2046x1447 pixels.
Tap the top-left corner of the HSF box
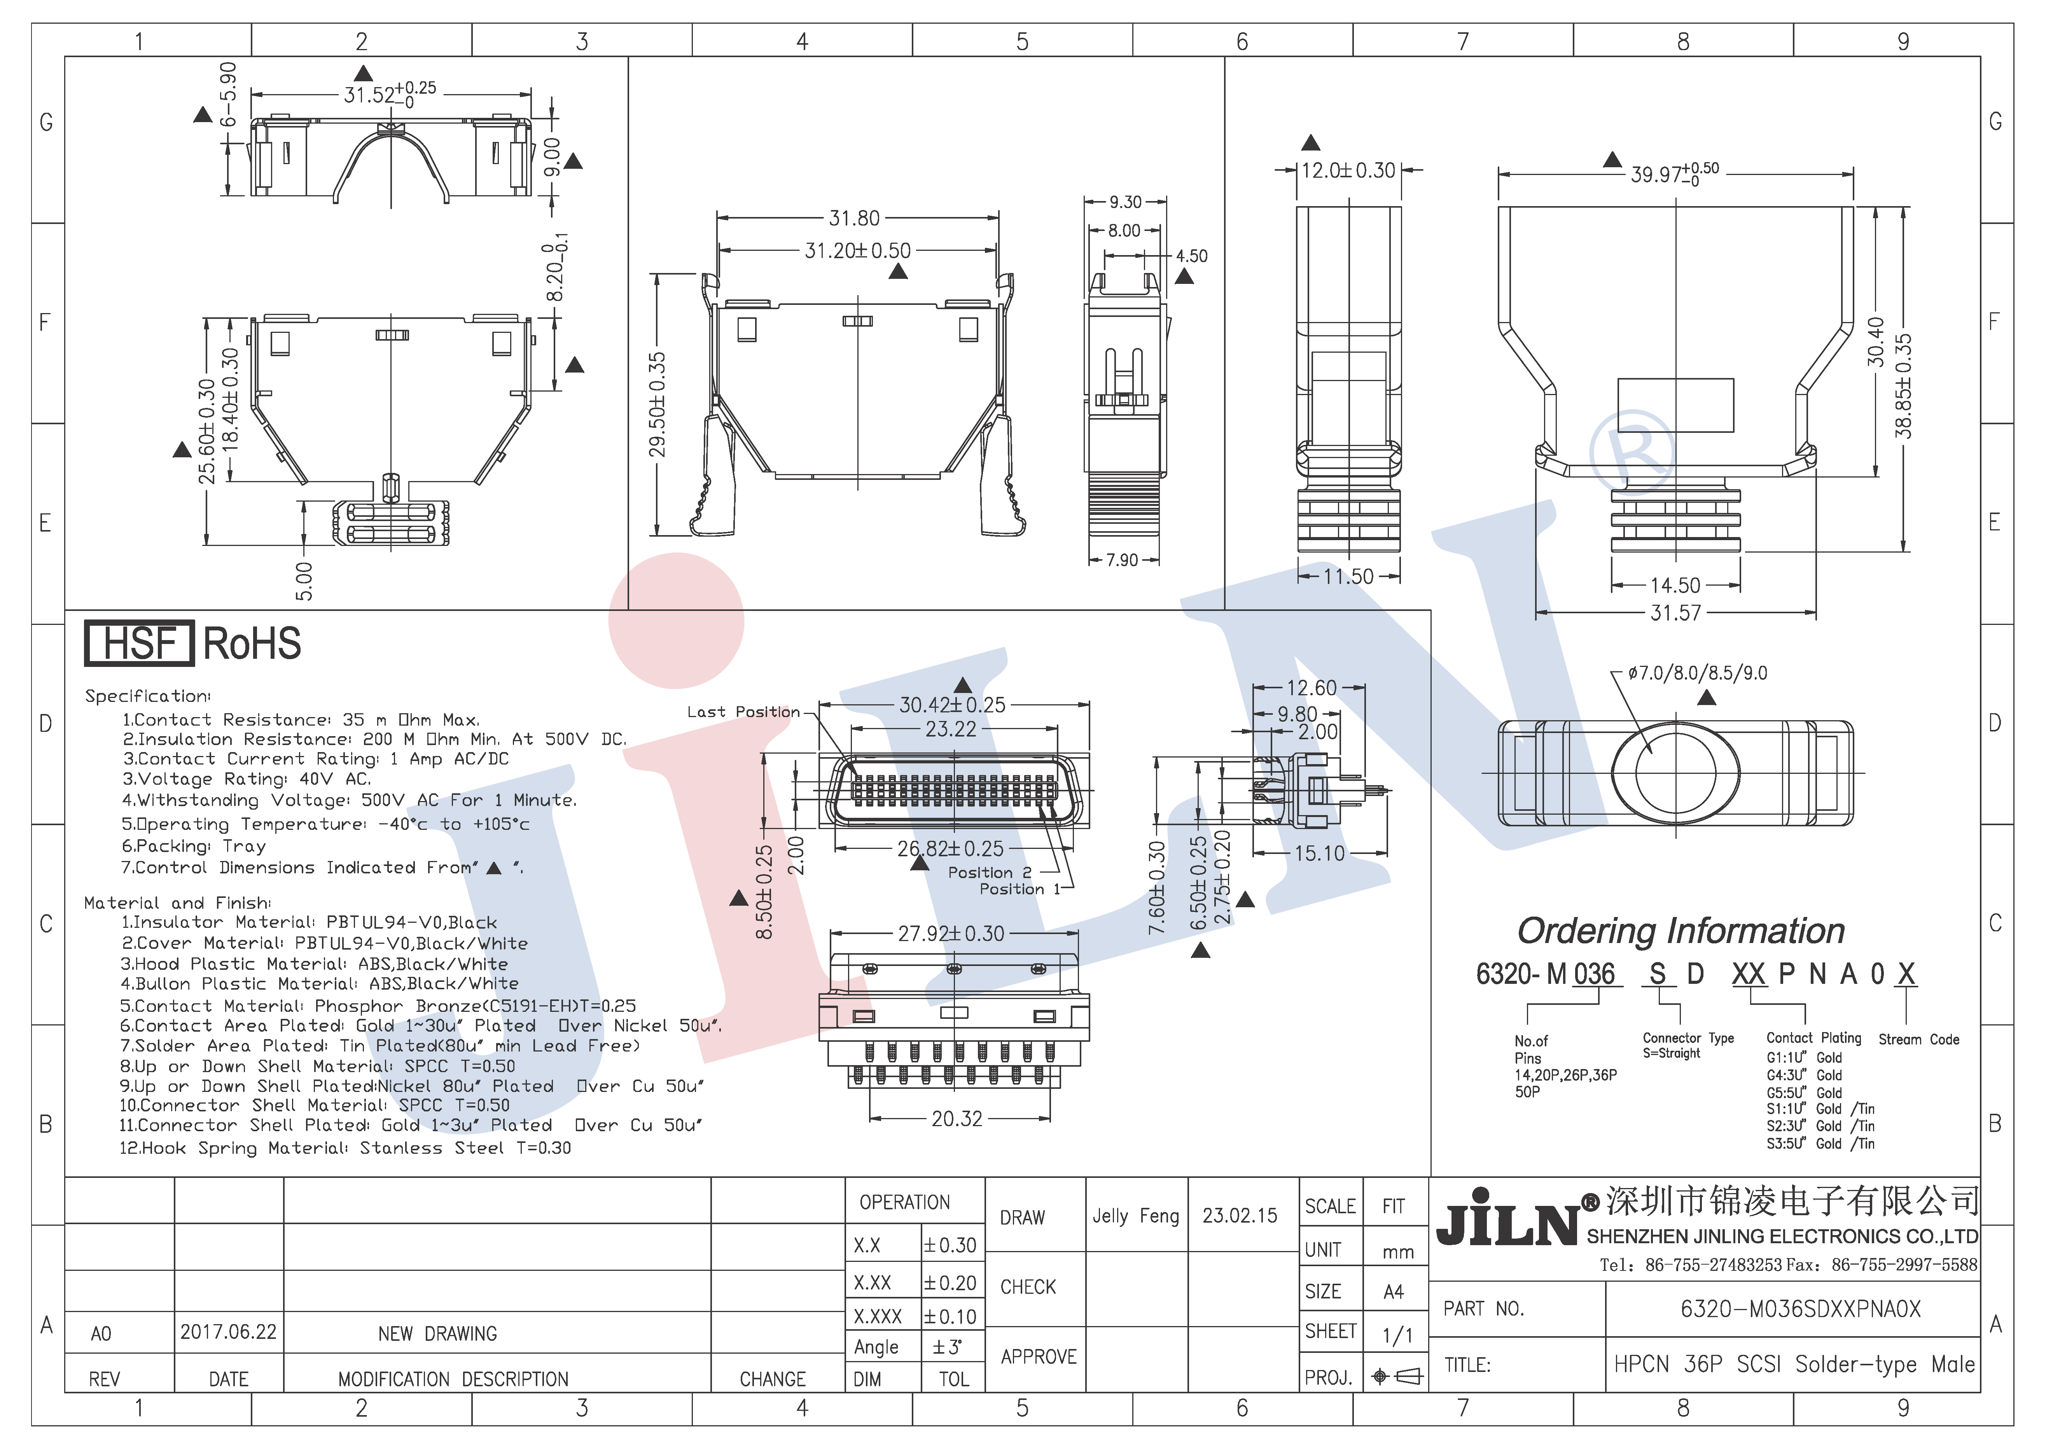86,621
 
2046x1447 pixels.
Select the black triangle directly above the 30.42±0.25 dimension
962,684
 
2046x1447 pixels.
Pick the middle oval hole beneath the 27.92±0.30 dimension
953,969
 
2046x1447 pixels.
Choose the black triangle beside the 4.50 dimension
1184,276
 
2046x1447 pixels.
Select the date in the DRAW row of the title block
1240,1215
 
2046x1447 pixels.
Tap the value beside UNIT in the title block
1398,1252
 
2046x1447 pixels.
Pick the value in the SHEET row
1397,1334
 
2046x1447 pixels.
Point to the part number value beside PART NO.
1800,1309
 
